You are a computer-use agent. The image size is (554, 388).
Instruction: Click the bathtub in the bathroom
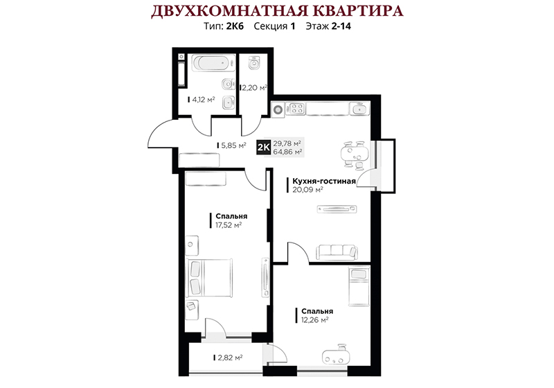click(x=213, y=64)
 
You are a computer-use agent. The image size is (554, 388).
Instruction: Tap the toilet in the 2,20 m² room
click(x=253, y=62)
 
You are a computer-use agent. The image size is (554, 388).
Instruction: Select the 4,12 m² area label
click(x=202, y=100)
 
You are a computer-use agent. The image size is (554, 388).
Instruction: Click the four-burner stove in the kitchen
click(x=296, y=109)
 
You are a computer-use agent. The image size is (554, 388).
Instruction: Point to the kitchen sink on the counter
click(x=359, y=109)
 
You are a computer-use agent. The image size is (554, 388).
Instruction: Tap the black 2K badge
click(x=264, y=148)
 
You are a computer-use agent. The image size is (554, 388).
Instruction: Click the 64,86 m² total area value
click(x=287, y=152)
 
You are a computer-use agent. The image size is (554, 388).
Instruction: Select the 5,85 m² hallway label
click(x=231, y=145)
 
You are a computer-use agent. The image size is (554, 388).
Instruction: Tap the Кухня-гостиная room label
click(x=323, y=182)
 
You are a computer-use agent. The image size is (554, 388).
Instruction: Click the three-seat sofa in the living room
click(x=337, y=252)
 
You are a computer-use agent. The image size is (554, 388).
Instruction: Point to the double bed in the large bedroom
click(x=211, y=278)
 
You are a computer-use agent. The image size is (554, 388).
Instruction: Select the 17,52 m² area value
click(x=229, y=225)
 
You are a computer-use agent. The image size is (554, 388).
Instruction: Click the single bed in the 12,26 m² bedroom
click(x=359, y=286)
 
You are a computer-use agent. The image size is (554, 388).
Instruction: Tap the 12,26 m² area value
click(x=315, y=320)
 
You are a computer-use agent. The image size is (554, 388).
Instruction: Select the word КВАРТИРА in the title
click(x=359, y=10)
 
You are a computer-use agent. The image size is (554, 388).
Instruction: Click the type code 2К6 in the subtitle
click(x=235, y=26)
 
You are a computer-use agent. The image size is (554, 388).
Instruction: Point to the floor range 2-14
click(x=341, y=26)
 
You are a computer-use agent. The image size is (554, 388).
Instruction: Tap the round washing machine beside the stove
click(x=278, y=109)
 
